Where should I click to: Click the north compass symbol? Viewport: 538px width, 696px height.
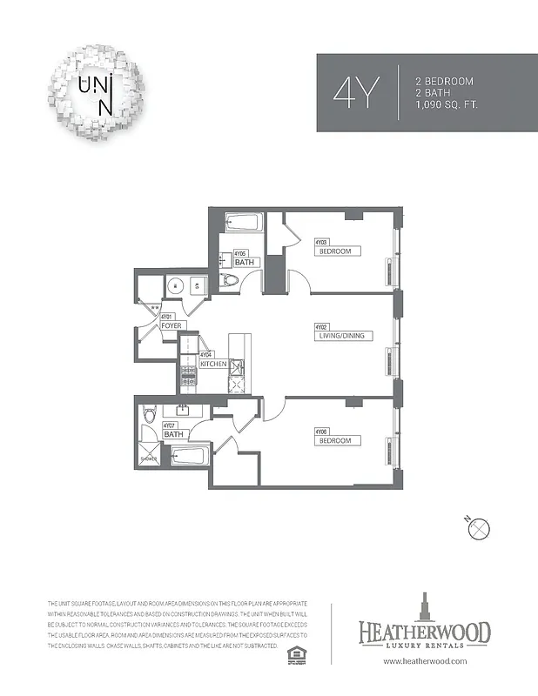click(481, 528)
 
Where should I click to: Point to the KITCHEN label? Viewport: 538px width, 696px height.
click(213, 363)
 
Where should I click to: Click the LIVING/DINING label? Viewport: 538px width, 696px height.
click(346, 335)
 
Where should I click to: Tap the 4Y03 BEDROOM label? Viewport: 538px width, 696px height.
click(335, 251)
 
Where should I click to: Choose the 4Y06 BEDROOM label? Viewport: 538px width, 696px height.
click(335, 440)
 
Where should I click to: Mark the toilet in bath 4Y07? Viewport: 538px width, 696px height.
click(149, 415)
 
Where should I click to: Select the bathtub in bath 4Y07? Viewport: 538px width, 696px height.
click(188, 455)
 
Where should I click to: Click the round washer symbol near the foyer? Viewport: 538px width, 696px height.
click(174, 285)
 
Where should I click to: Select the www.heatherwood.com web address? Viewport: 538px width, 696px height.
click(425, 662)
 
